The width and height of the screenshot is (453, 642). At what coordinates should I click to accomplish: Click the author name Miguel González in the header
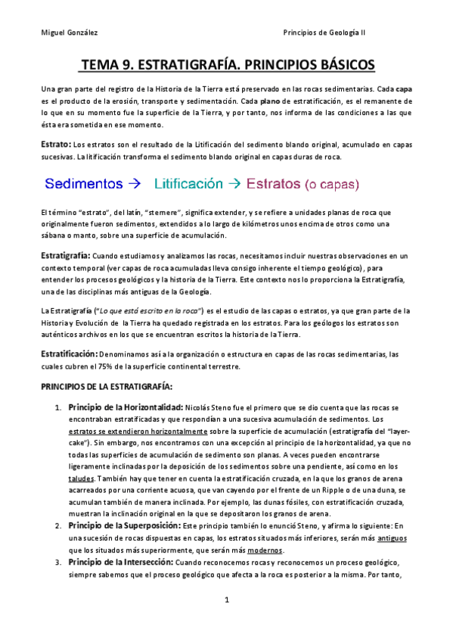pyautogui.click(x=69, y=33)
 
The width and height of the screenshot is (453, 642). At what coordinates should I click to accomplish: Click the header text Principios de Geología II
pyautogui.click(x=334, y=33)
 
